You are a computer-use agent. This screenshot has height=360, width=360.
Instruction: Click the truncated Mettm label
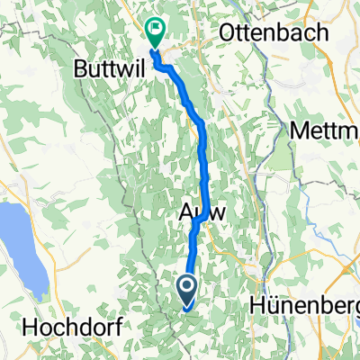(325, 131)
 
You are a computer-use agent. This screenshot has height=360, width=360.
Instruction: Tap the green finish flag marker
(156, 32)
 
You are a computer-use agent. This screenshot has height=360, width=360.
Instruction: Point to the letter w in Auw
(216, 214)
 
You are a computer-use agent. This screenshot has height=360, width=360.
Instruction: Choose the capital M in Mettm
(300, 131)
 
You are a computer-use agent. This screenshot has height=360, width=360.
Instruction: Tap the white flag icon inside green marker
(156, 29)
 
